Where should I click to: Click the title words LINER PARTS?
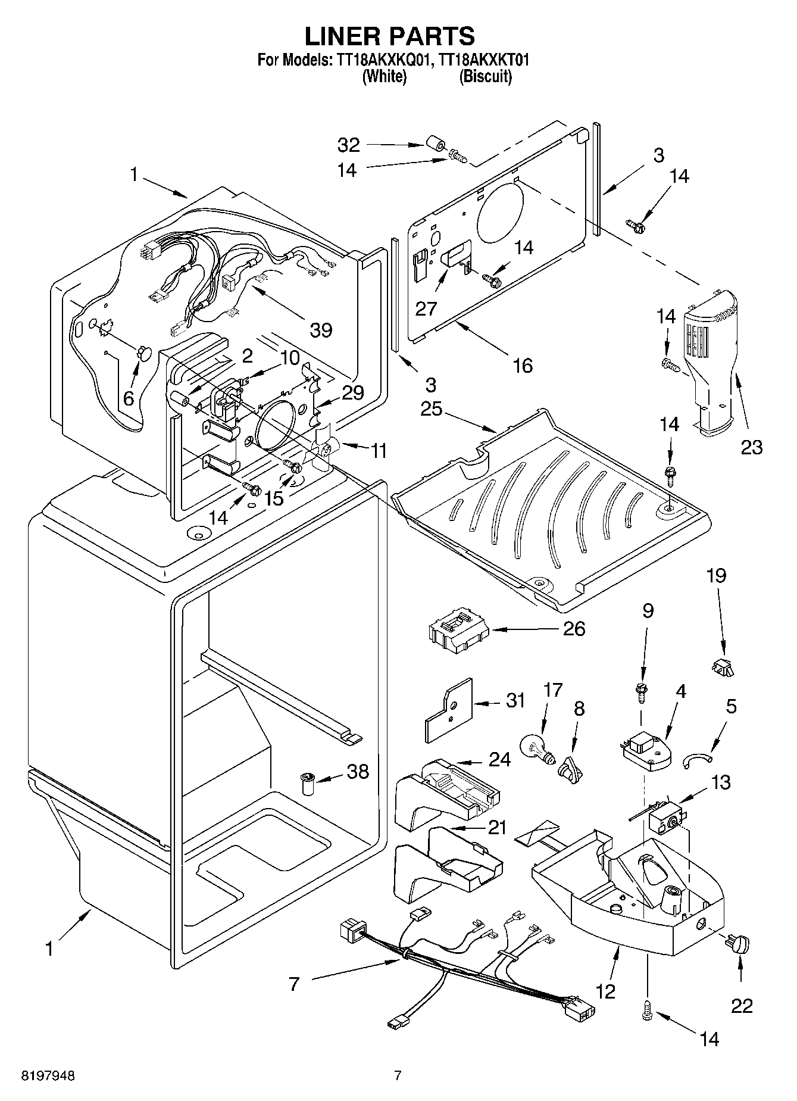pos(390,36)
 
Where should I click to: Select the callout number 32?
pos(349,145)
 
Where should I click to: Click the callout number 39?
pos(321,329)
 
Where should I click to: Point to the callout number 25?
pos(432,410)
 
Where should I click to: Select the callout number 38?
pos(358,771)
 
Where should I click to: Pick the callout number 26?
pos(574,629)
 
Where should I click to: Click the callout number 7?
pos(293,984)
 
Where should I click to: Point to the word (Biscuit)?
pos(485,77)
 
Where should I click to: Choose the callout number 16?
pos(523,365)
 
